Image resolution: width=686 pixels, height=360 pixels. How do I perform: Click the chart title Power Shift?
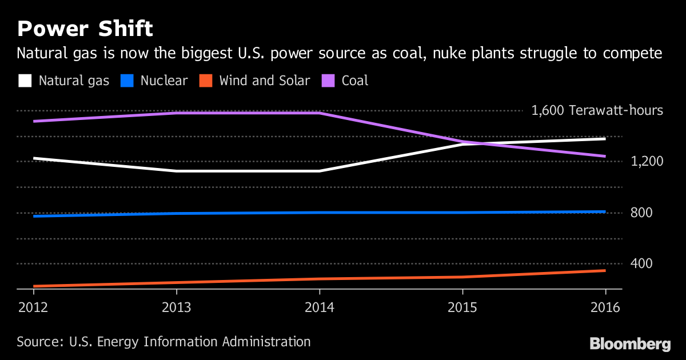[85, 29]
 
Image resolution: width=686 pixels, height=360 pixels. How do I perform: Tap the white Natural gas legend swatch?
[25, 81]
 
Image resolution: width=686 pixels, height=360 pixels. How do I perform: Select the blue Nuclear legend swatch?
[127, 81]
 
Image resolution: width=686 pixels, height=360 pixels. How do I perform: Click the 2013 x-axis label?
[176, 307]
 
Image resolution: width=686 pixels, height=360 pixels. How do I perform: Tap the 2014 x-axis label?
[320, 307]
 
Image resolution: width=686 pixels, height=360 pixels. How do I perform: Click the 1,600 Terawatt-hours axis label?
[597, 110]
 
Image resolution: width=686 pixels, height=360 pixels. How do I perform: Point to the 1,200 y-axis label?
[646, 161]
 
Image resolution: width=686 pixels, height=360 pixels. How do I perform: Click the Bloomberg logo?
[630, 344]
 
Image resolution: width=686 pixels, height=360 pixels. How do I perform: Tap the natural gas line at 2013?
[176, 171]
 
